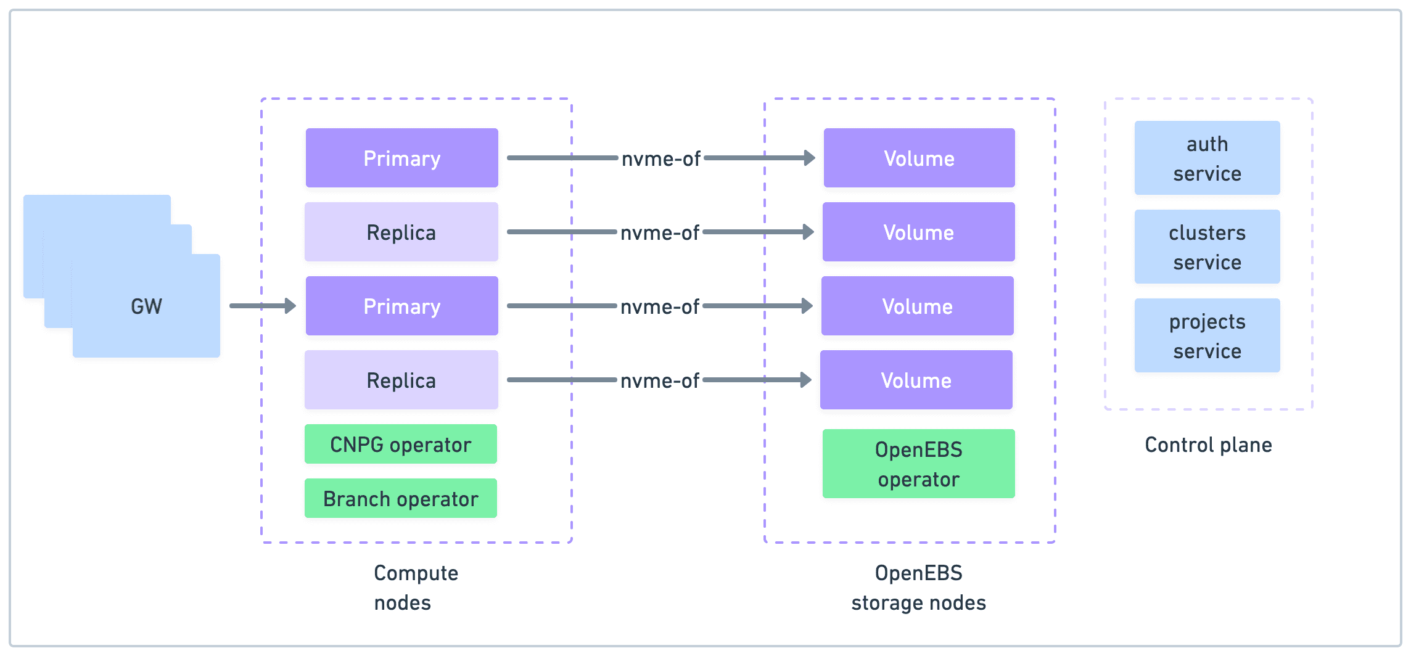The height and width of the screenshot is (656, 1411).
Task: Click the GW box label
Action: click(146, 306)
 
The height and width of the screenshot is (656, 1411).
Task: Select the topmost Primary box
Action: click(401, 158)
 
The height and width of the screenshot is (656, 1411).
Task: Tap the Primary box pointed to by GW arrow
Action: click(401, 306)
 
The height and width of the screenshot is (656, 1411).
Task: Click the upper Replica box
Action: click(401, 232)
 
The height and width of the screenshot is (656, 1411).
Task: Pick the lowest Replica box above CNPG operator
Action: click(401, 380)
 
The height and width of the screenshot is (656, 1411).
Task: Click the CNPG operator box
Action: click(400, 444)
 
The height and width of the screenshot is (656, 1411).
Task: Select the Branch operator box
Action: click(400, 498)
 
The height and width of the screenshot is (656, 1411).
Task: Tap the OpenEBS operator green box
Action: click(918, 464)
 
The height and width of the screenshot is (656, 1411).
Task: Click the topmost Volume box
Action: click(919, 158)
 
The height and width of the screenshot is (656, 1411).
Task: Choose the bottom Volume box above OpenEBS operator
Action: click(916, 380)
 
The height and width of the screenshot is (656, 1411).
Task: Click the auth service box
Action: click(1207, 158)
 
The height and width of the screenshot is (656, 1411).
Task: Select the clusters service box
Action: click(1207, 247)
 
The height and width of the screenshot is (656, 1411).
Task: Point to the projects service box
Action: click(1207, 335)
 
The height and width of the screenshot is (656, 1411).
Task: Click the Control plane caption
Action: click(1208, 445)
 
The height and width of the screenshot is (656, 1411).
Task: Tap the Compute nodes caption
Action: click(415, 587)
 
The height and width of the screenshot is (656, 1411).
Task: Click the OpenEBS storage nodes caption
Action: click(918, 587)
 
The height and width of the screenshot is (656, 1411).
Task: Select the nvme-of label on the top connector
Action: click(660, 158)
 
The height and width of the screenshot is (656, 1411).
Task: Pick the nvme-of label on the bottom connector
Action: click(659, 380)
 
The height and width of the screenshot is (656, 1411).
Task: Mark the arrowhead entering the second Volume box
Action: click(808, 232)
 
